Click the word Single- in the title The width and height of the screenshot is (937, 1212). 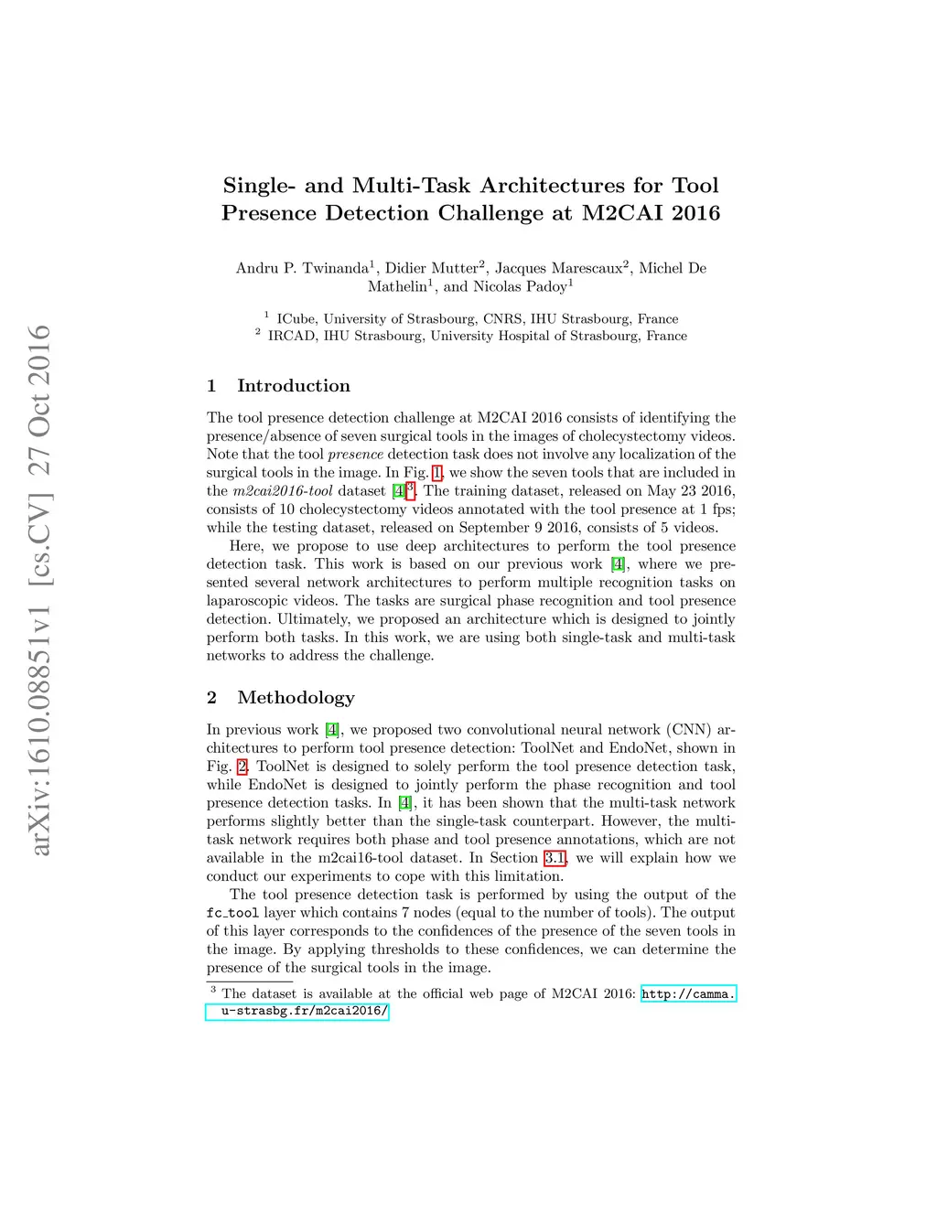click(260, 186)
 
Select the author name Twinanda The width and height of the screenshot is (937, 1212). click(335, 268)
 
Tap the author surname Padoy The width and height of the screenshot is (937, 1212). click(546, 286)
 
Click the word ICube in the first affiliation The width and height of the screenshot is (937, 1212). click(296, 319)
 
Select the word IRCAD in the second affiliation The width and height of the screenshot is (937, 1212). click(292, 337)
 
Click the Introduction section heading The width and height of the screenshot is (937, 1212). click(293, 386)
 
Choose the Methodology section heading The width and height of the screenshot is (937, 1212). click(296, 698)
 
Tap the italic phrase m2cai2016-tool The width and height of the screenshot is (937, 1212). click(283, 491)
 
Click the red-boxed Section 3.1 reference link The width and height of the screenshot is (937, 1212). click(555, 858)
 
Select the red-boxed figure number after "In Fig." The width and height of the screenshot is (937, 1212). click(437, 473)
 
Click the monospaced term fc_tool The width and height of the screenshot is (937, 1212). click(232, 913)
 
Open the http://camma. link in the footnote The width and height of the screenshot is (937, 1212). click(688, 994)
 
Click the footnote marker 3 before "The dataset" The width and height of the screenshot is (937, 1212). click(213, 990)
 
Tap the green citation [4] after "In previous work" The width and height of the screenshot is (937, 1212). click(332, 730)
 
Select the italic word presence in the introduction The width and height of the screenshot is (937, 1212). click(355, 455)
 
